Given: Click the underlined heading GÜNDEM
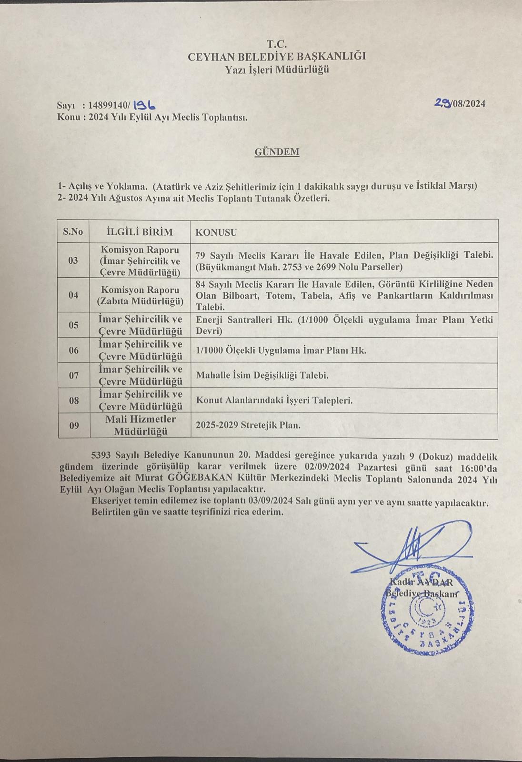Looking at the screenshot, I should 277,152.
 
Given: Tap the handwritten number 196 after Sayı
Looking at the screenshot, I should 144,105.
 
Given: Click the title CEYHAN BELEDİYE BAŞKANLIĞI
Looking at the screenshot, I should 277,56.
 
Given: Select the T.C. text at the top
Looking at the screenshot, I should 277,44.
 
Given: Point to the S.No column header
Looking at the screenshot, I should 73,232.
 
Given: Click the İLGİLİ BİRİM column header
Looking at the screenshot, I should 139,232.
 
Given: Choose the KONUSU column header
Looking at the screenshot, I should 216,232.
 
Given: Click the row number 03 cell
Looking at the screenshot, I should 73,261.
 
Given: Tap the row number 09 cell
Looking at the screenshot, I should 74,426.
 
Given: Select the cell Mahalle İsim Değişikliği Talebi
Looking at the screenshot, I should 262,375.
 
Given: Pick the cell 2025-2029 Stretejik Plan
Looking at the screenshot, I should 248,425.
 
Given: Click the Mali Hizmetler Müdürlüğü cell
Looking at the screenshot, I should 141,425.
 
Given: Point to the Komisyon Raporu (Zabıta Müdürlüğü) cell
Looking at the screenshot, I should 140,295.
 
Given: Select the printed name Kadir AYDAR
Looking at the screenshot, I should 421,582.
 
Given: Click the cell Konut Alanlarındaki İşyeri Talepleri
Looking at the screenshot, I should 274,401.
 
